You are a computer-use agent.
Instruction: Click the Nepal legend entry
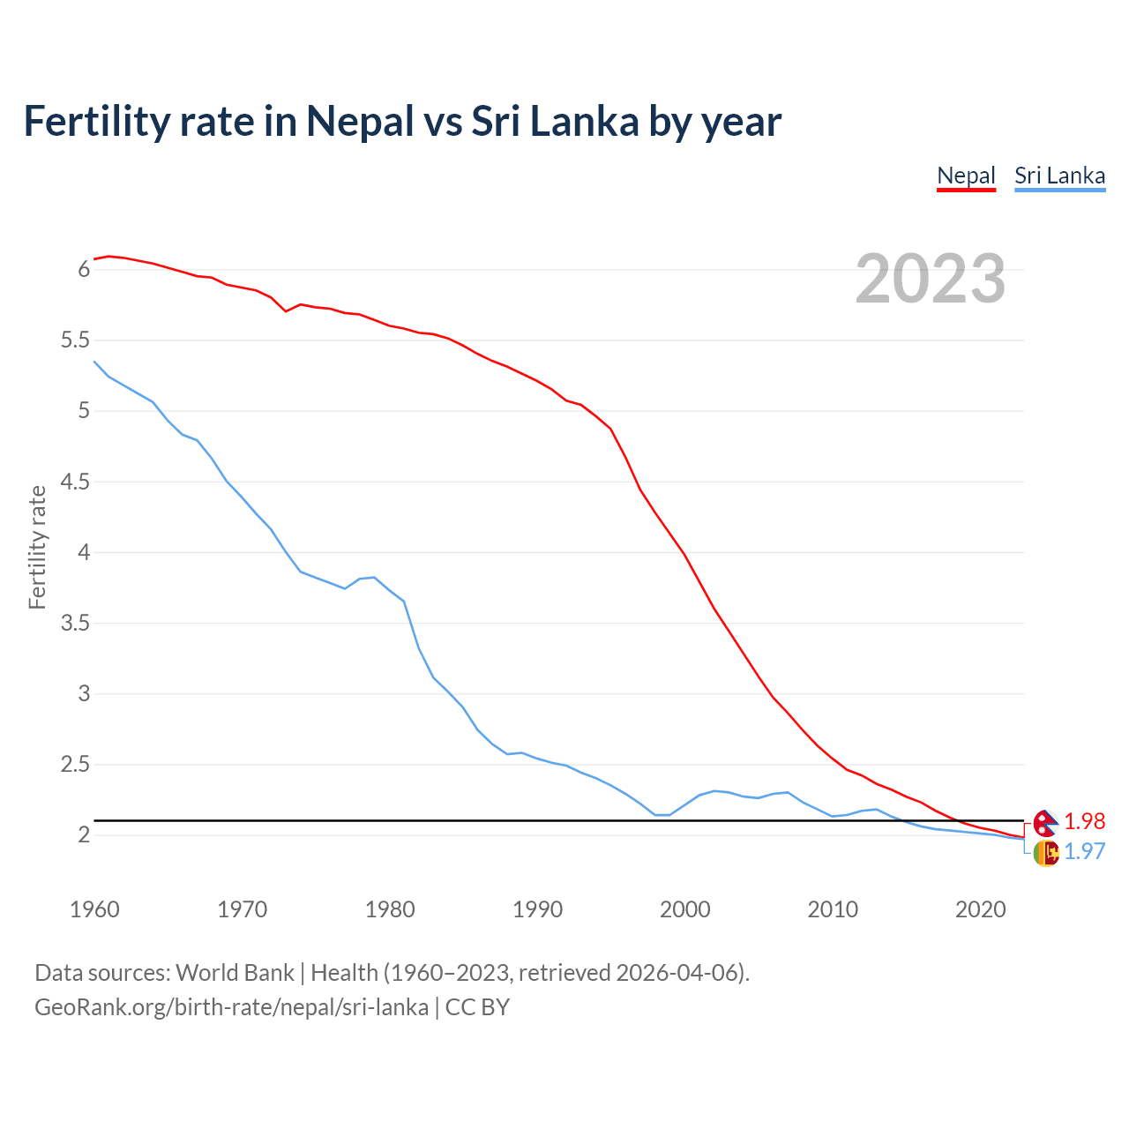(966, 176)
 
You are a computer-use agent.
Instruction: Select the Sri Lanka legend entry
(1059, 176)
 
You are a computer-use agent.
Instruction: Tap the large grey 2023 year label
(930, 279)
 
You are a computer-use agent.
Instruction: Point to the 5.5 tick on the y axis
(75, 340)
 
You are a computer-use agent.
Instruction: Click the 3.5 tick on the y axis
(75, 624)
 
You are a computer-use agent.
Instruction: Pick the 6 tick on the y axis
(84, 270)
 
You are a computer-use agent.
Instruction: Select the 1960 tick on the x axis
(94, 909)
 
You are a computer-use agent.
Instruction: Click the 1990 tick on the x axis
(537, 909)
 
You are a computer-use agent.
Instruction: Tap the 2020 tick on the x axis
(980, 909)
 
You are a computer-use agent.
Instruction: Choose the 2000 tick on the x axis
(684, 909)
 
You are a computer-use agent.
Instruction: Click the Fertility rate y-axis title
(37, 547)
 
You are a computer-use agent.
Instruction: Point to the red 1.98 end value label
(1084, 821)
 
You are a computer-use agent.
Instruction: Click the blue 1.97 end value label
(1084, 851)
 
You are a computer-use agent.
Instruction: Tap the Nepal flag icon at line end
(1045, 822)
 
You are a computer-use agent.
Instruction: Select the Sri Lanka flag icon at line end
(1045, 853)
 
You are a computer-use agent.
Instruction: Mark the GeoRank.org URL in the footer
(231, 1007)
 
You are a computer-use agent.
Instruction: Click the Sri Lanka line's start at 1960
(95, 362)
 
